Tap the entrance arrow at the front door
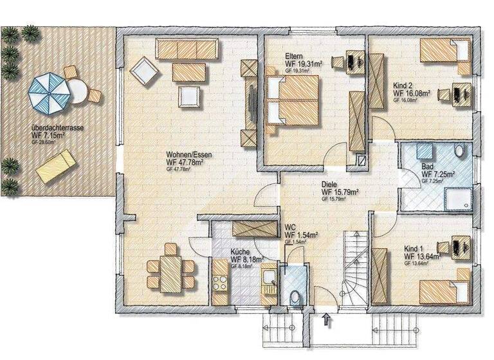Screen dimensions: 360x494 [x=327, y=318]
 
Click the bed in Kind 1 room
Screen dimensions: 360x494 [x=444, y=288]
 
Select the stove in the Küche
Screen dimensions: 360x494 [x=221, y=282]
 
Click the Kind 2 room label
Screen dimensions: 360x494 [x=405, y=85]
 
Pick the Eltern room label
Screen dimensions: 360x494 [x=295, y=57]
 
